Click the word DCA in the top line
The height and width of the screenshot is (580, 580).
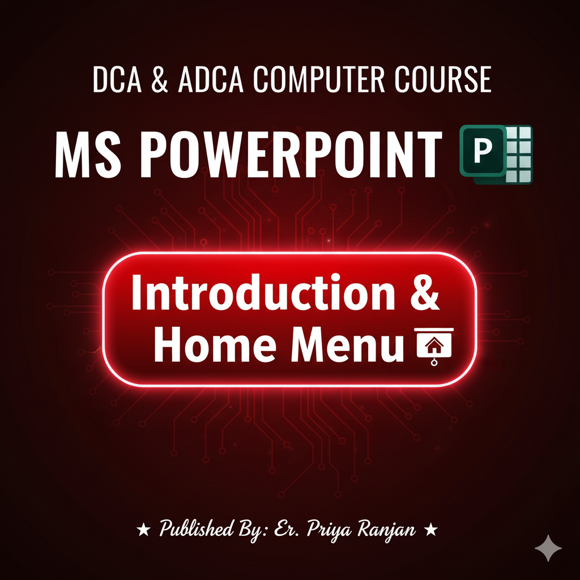point(117,79)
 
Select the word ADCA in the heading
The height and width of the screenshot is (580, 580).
point(211,79)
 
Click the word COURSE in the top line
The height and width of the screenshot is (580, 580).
point(443,79)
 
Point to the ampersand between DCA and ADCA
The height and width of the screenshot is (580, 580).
point(159,79)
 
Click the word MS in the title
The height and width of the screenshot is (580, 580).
point(88,155)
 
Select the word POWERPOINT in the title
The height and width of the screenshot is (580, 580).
point(291,155)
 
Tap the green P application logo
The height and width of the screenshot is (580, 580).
point(496,154)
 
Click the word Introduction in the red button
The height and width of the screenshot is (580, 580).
point(263,292)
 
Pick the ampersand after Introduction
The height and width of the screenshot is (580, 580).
point(425,292)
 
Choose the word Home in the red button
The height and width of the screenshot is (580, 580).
point(215,344)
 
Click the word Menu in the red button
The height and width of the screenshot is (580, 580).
point(347,344)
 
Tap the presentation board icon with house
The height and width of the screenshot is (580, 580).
point(434,346)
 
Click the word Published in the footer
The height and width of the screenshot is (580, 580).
point(197,529)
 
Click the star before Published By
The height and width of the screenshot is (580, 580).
point(143,530)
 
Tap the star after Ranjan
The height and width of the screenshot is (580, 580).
point(430,530)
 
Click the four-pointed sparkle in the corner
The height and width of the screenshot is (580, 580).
point(548,548)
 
